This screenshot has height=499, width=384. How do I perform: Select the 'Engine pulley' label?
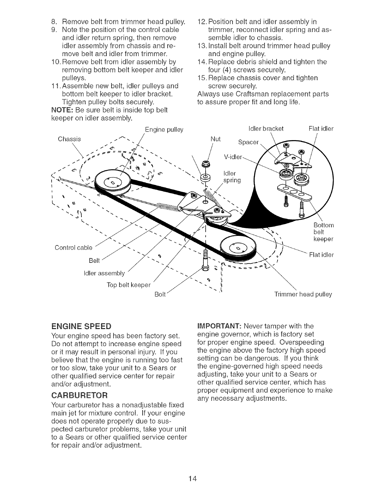tap(164, 130)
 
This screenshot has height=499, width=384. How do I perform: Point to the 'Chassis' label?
tap(69, 139)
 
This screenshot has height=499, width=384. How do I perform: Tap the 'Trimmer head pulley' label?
tap(303, 294)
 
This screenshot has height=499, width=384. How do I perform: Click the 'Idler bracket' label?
tap(266, 128)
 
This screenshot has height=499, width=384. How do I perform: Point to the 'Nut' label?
tap(215, 139)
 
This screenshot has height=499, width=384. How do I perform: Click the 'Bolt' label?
tap(160, 294)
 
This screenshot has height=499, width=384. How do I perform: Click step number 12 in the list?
tap(201, 22)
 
